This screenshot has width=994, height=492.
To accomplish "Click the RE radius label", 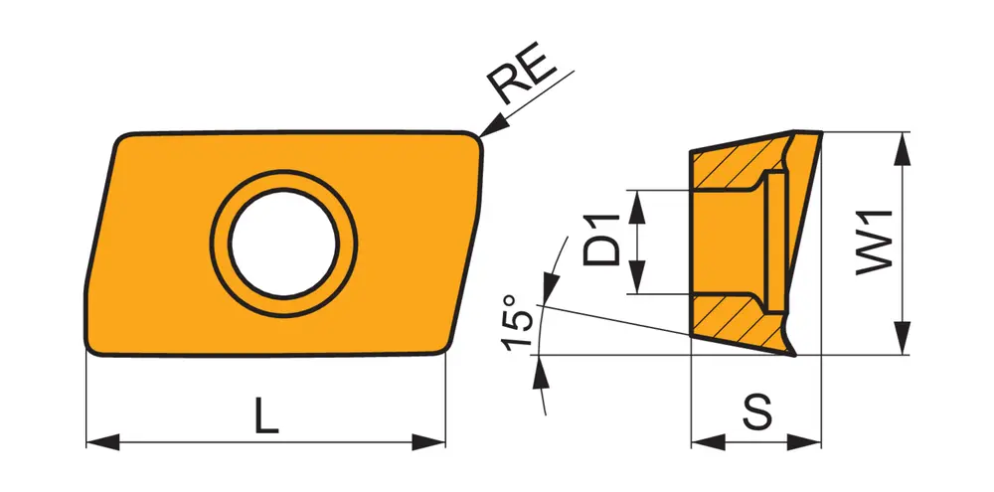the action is pos(523,73).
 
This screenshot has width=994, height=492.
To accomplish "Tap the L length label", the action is pos(266,415).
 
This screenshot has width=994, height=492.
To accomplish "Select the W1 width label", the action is pos(874,243).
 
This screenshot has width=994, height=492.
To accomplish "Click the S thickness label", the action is pos(756,412).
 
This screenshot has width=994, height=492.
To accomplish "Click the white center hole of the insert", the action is pos(284,245).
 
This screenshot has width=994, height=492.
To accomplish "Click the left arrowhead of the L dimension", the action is pos(102,442).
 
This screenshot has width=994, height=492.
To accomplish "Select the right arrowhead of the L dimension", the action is pos(428,442).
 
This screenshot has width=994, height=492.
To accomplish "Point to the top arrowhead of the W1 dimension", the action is pos(902,149).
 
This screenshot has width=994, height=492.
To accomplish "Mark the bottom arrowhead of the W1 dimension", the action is pos(902,338).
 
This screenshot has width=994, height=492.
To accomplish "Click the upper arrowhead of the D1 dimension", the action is pos(636,206).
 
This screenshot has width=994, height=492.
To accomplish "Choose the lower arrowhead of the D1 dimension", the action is pos(636,277).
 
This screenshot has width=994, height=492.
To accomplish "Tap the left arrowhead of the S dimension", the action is pos(708,442).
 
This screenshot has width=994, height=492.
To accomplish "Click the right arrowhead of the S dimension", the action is pos(804,442).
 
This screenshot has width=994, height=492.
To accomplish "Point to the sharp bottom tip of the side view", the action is pos(794,356).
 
